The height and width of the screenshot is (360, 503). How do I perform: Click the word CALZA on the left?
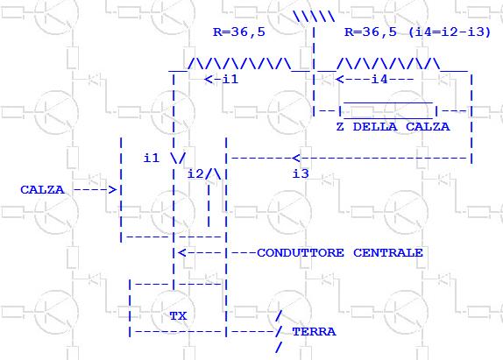[x=42, y=190]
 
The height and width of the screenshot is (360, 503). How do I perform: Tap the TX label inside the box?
[x=179, y=316]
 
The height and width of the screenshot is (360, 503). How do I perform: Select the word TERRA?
[x=314, y=331]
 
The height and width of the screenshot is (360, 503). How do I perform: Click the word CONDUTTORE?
[x=301, y=252]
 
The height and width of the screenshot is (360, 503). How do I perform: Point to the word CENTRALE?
[x=388, y=252]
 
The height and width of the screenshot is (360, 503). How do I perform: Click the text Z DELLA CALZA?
[x=393, y=127]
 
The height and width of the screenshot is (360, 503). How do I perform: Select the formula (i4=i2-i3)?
[x=450, y=32]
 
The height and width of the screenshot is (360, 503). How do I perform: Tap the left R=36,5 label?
[x=239, y=32]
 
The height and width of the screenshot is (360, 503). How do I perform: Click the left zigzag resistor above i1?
[x=239, y=63]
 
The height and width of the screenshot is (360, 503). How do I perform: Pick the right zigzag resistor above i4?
[x=388, y=63]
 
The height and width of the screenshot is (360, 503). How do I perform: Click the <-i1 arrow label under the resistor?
[x=222, y=79]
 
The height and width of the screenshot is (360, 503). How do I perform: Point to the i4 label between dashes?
[x=379, y=79]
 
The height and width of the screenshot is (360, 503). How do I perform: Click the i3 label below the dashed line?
[x=301, y=173]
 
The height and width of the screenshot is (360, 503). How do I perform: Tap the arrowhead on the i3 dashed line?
[x=296, y=158]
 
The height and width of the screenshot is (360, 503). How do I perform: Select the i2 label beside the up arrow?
[x=195, y=173]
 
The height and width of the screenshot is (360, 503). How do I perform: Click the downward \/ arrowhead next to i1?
[x=178, y=158]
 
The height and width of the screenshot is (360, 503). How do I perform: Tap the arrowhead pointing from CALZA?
[x=112, y=190]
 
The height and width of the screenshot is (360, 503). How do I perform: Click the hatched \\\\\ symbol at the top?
[x=314, y=17]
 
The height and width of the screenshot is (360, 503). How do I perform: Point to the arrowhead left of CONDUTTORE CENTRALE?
[x=182, y=252]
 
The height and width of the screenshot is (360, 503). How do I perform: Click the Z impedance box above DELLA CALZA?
[x=388, y=110]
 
